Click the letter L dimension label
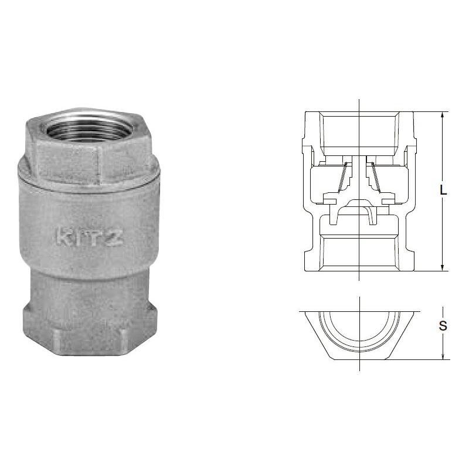click(x=443, y=190)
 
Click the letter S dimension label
click(x=443, y=326)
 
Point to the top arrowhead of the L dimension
click(x=442, y=115)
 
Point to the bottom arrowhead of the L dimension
click(x=442, y=268)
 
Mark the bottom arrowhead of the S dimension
click(x=442, y=356)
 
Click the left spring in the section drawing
click(x=342, y=178)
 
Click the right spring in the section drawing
click(x=376, y=178)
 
